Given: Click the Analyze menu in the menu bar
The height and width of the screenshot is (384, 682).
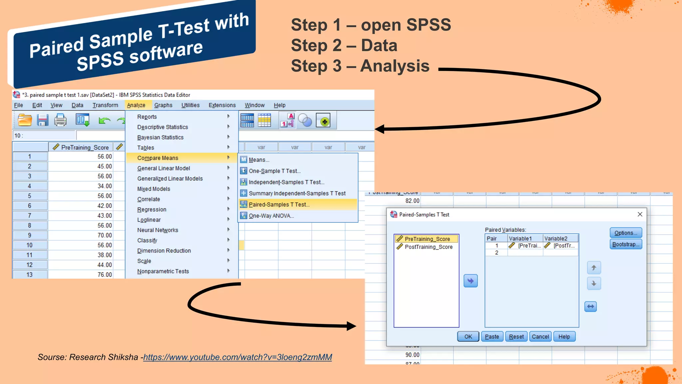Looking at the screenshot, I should point(136,105).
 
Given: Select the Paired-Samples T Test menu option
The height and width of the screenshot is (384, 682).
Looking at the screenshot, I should point(279,204).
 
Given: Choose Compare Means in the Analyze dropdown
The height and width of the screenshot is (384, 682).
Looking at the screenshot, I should point(158,158).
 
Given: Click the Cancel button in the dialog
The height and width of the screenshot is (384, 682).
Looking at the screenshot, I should point(540,336).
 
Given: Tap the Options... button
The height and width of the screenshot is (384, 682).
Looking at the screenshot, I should point(625,233).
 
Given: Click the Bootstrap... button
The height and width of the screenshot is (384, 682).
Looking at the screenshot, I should point(625,244).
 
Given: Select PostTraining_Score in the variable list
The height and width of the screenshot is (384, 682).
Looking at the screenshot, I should point(428,247).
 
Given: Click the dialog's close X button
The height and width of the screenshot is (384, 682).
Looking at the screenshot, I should point(640,214).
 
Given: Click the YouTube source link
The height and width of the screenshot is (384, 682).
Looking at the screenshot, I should point(237,357).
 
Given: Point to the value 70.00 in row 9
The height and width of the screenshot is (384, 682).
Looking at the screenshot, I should point(105,235).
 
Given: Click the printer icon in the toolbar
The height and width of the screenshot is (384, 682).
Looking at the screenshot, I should point(60,120).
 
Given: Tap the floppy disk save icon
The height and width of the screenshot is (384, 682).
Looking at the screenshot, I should point(42,120).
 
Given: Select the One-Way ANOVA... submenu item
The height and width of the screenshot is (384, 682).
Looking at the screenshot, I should point(271,216).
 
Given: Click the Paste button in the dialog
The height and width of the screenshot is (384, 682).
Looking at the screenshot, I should point(492,336).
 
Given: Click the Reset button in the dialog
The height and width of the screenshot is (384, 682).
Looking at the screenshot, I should point(516,336).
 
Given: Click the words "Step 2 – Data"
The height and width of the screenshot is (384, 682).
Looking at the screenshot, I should point(344,45).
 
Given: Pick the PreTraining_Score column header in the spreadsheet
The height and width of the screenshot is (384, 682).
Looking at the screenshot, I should point(85,147).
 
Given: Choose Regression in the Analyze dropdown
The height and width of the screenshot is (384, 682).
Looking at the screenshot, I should point(152,209).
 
